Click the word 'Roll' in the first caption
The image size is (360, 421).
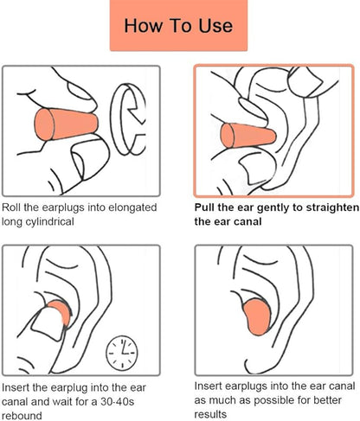pos(14,208)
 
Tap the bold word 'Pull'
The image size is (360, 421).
pos(206,208)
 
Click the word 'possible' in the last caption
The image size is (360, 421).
pos(257,401)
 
